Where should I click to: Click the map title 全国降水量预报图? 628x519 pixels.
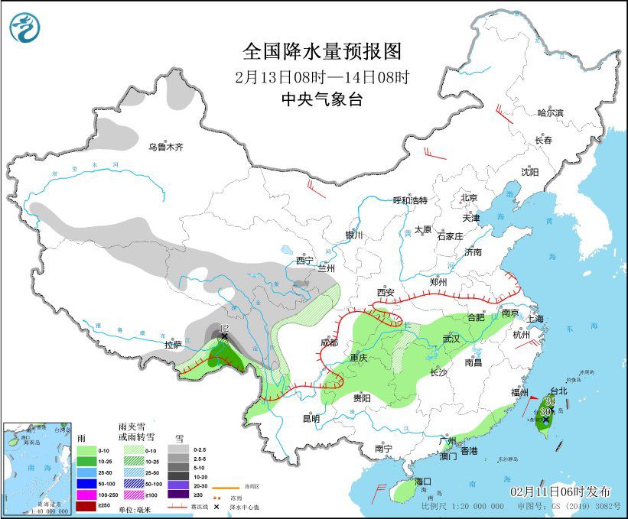(321, 51)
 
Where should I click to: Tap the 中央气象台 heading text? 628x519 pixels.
(321, 97)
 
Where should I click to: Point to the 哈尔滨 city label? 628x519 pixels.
(549, 113)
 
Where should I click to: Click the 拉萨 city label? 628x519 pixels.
(174, 345)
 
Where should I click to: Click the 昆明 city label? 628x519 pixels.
(311, 418)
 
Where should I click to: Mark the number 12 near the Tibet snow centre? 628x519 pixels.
(223, 329)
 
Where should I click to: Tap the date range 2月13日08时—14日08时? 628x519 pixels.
(321, 76)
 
